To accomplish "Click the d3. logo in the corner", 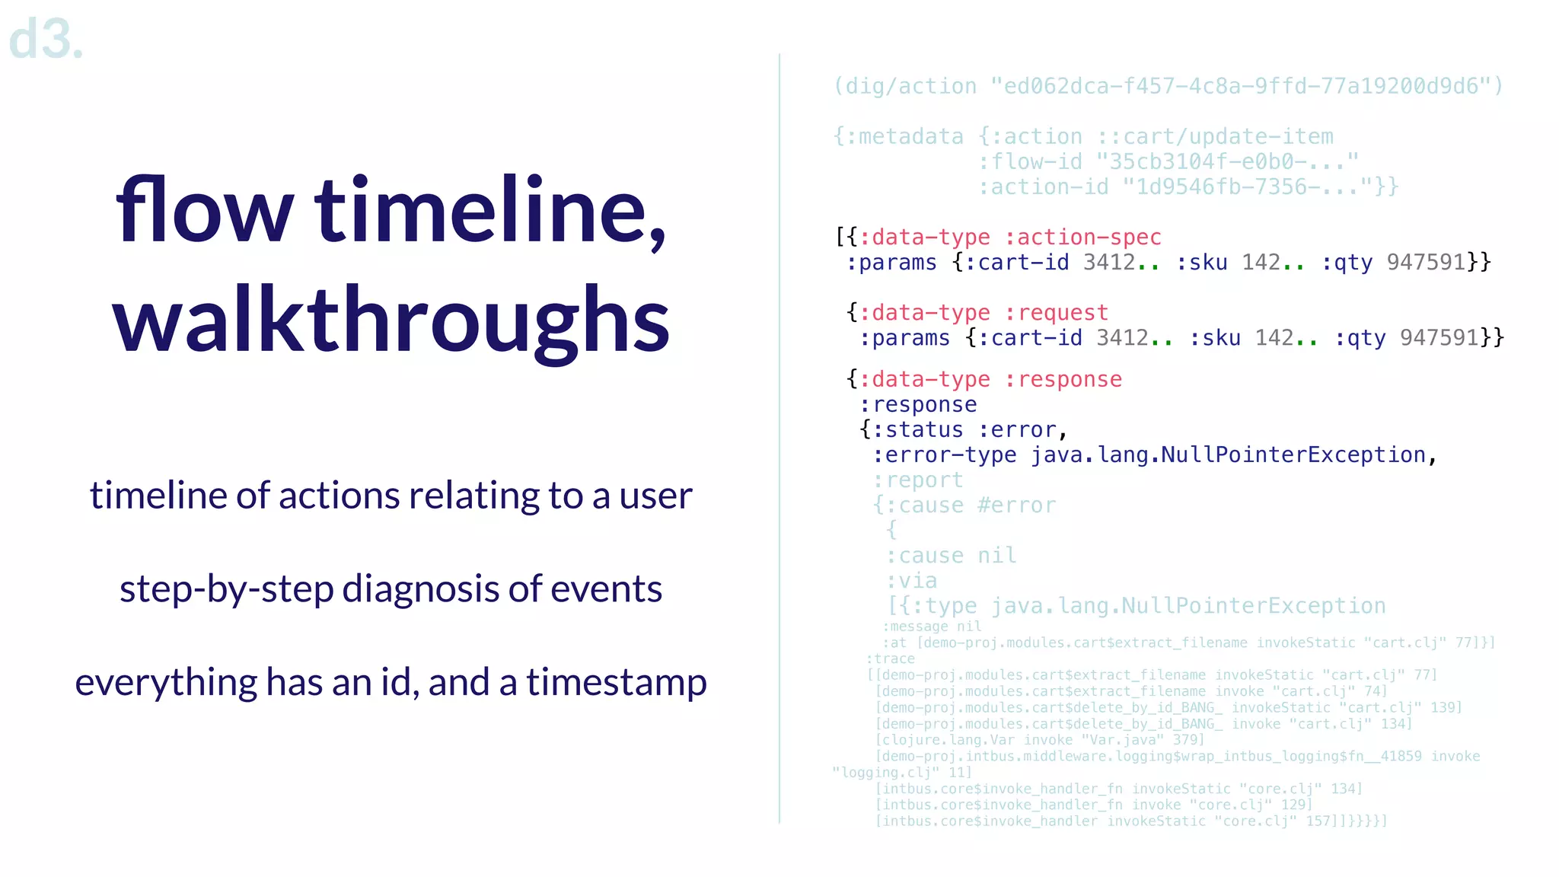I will [46, 40].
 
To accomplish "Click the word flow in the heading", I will [204, 211].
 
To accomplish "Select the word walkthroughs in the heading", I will [391, 320].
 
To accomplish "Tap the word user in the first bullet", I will [655, 496].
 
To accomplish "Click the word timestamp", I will [617, 683].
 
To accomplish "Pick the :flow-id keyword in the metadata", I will [1030, 162].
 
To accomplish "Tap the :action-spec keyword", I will [1082, 238].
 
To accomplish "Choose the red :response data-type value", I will [1063, 379].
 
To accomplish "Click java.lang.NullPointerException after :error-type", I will [1228, 455].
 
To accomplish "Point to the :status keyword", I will [917, 430].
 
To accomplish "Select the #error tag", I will [1017, 505].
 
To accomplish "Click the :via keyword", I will [911, 581].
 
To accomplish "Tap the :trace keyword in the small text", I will [890, 659].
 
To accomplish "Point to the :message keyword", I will [915, 627].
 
